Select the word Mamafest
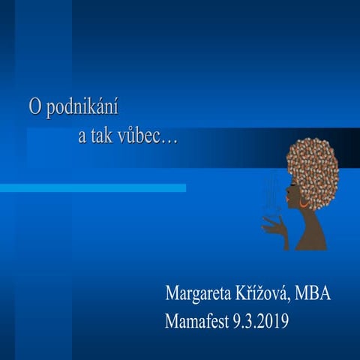197,322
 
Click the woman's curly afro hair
313,169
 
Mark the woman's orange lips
286,207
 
